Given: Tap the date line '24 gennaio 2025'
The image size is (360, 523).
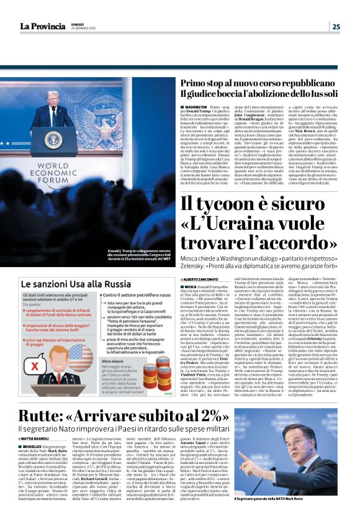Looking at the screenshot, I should pyautogui.click(x=83, y=29).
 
